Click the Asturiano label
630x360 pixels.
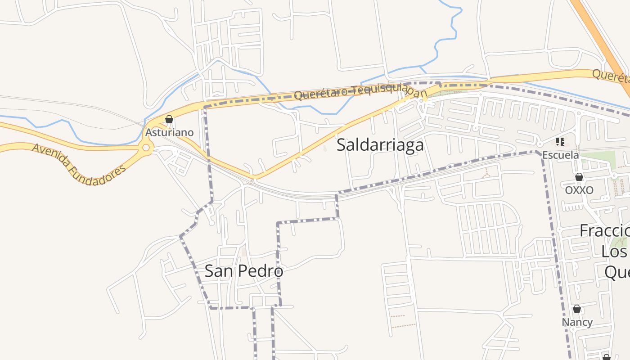pyautogui.click(x=169, y=132)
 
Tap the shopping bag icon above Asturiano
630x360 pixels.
pyautogui.click(x=169, y=119)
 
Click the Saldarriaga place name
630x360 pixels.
pyautogui.click(x=380, y=145)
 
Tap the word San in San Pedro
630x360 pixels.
pyautogui.click(x=219, y=271)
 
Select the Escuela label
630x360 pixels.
pyautogui.click(x=560, y=155)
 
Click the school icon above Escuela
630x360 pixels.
pyautogui.click(x=560, y=142)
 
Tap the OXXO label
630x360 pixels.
pyautogui.click(x=579, y=190)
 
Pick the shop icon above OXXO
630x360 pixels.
pyautogui.click(x=579, y=177)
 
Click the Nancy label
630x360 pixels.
pyautogui.click(x=577, y=322)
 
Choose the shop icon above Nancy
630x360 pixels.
pyautogui.click(x=577, y=309)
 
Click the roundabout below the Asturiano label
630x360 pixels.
pyautogui.click(x=146, y=148)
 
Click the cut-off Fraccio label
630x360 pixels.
pyautogui.click(x=605, y=230)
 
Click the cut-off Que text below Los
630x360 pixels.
pyautogui.click(x=616, y=272)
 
